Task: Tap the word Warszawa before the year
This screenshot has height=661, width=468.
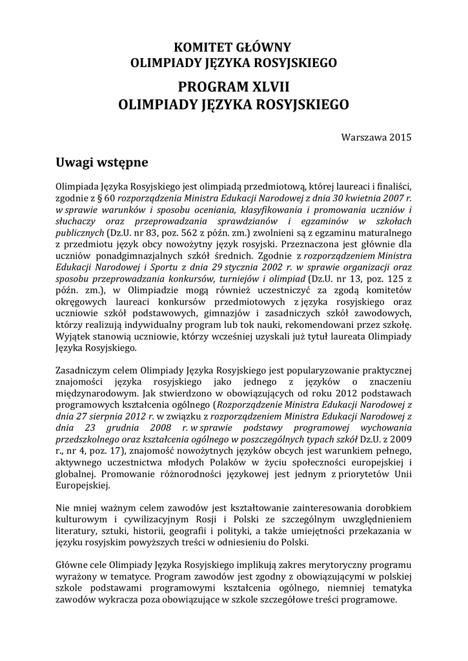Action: coord(363,136)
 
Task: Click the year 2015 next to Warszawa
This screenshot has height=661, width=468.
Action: coord(400,136)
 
